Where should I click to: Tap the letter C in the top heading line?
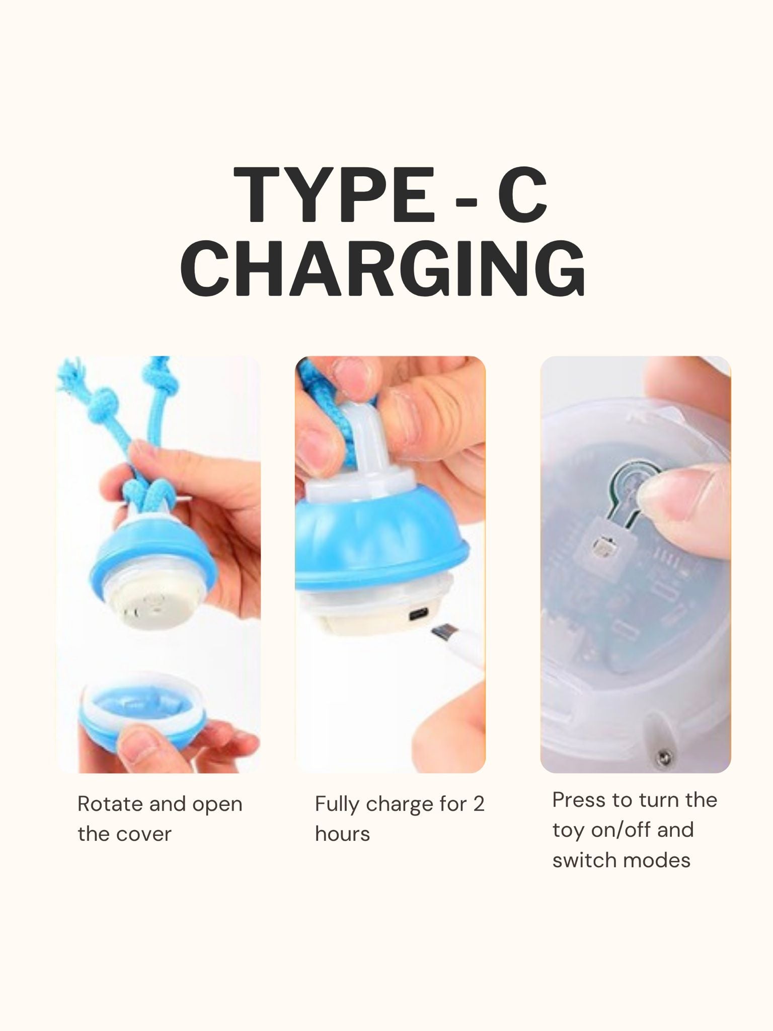[x=522, y=195]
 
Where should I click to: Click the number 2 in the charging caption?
[x=479, y=804]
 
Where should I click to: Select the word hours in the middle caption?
[x=342, y=834]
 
